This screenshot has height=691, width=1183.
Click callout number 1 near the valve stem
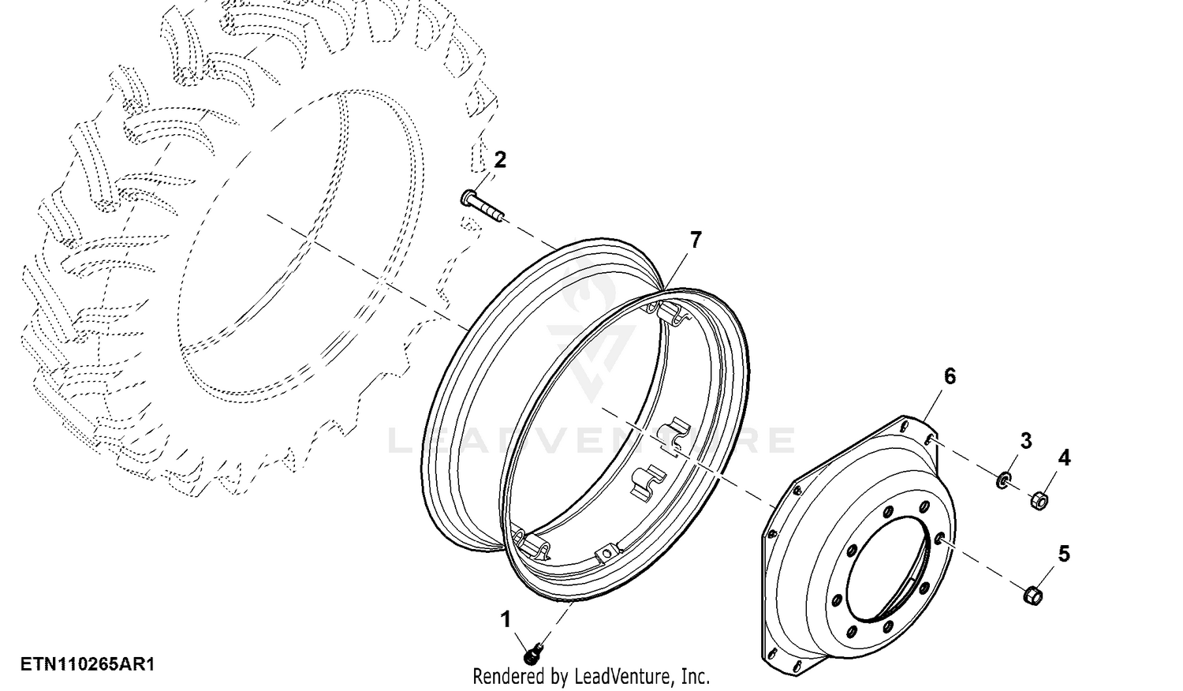506,620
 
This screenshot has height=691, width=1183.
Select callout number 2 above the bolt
499,159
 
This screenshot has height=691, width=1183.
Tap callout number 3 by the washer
1025,441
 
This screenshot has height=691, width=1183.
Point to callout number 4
1064,458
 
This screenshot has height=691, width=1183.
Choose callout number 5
1064,554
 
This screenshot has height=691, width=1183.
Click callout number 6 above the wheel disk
950,377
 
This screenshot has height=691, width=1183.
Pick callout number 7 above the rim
696,241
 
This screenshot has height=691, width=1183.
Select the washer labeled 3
1003,480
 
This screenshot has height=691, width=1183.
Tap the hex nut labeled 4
1039,500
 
